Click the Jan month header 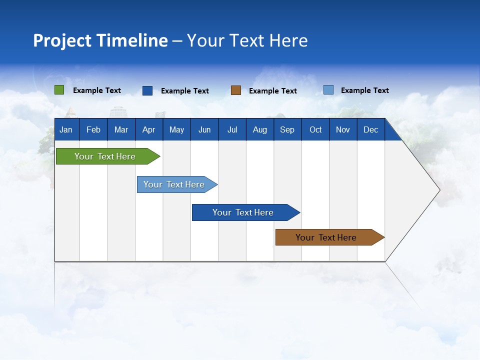click(x=66, y=130)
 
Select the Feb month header click(x=93, y=130)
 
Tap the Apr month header click(x=148, y=130)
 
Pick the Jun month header click(x=204, y=130)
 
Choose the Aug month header click(x=260, y=130)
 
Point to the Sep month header click(x=287, y=130)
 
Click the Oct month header click(x=315, y=130)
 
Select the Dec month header click(x=371, y=130)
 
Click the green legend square click(x=59, y=90)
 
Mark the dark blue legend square click(x=147, y=90)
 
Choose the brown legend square click(x=236, y=90)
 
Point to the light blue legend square click(x=328, y=90)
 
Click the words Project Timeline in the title click(x=100, y=40)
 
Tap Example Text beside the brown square click(x=273, y=91)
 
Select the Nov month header click(x=343, y=130)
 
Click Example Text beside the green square click(x=97, y=90)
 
